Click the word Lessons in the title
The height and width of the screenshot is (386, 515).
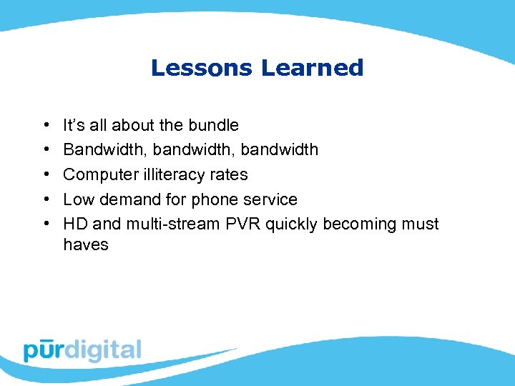[201, 68]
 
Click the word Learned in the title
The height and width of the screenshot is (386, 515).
[312, 68]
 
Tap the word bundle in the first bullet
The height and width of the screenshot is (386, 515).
[213, 125]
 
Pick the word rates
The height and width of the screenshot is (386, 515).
[230, 174]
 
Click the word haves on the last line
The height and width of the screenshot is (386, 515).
[86, 244]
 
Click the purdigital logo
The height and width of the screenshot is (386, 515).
[82, 350]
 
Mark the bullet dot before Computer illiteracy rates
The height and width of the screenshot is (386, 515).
[45, 175]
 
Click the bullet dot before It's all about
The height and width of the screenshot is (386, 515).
[45, 126]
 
